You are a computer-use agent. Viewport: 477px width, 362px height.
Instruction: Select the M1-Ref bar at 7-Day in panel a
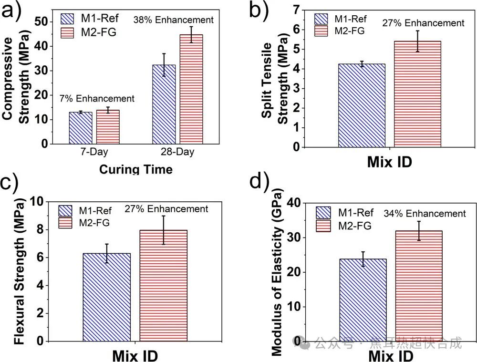81,128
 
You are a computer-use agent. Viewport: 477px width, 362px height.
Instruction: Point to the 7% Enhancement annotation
97,99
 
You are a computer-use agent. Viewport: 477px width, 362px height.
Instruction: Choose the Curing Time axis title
136,169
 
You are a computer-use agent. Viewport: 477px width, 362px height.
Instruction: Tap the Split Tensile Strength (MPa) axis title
275,83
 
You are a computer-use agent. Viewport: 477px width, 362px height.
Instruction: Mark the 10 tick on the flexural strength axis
39,202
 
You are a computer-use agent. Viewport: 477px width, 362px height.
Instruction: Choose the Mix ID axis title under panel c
135,355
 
